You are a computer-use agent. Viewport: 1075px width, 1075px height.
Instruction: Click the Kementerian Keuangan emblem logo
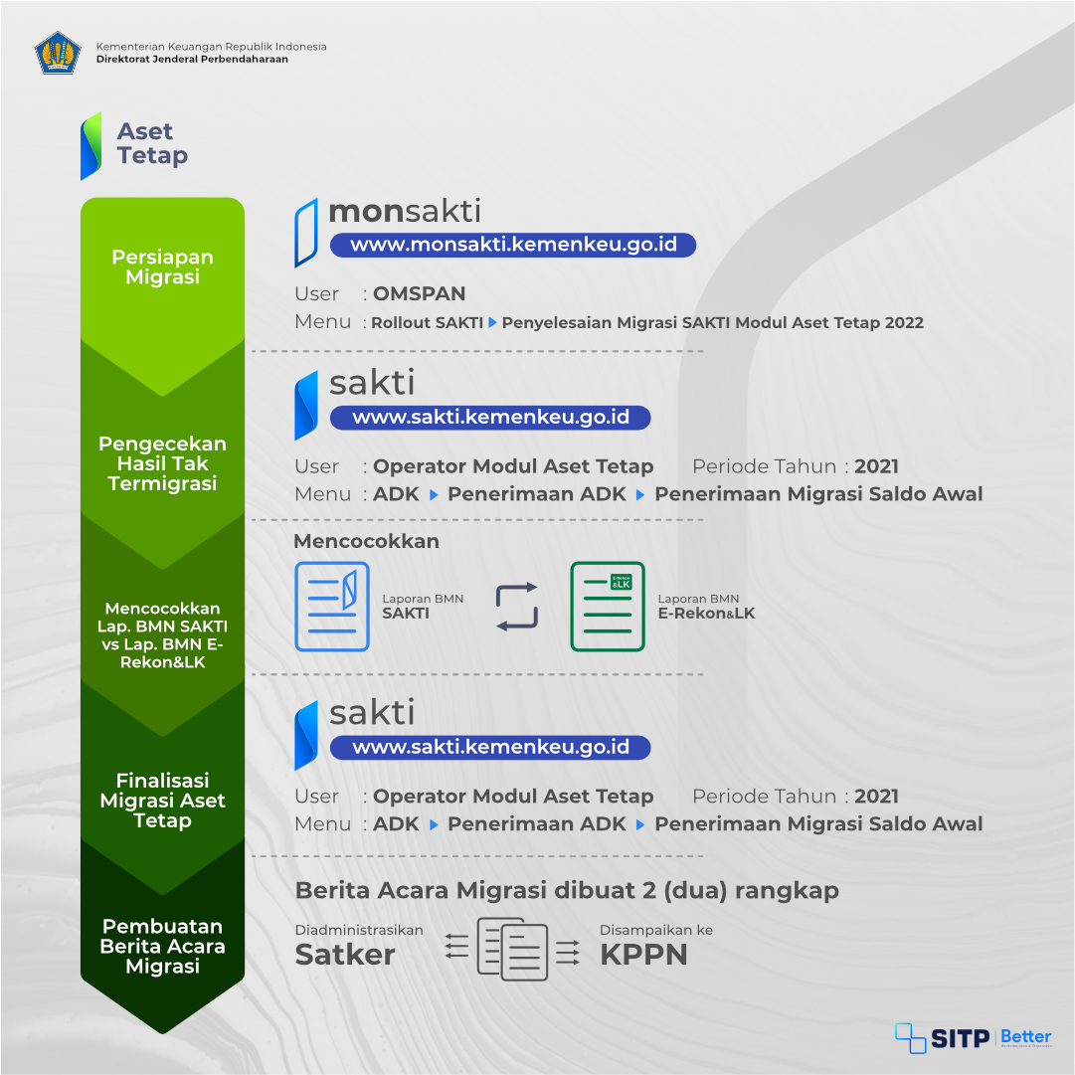click(59, 53)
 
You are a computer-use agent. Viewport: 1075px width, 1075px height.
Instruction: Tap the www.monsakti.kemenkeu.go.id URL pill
click(513, 245)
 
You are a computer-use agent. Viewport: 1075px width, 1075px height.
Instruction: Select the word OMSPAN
click(419, 293)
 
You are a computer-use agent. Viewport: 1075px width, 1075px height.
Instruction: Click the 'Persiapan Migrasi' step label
click(162, 267)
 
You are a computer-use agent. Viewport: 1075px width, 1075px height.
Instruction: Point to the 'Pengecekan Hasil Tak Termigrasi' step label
click(162, 463)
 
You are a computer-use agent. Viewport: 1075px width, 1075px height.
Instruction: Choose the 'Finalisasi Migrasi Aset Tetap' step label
click(162, 801)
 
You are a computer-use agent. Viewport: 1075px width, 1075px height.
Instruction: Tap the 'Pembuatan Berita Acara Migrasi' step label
click(162, 946)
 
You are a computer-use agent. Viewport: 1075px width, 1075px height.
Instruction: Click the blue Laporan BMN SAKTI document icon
click(332, 606)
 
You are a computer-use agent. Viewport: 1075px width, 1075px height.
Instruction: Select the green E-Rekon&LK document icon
click(608, 606)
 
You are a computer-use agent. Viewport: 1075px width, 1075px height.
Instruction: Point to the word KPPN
click(643, 955)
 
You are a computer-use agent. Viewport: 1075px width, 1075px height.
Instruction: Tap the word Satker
click(345, 955)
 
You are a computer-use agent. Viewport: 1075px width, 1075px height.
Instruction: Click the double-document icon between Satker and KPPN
click(512, 949)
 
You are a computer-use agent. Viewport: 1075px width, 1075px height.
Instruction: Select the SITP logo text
click(960, 1039)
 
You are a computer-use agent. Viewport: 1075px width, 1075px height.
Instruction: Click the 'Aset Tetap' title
click(152, 143)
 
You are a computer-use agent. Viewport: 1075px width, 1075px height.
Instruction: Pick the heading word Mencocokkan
click(366, 541)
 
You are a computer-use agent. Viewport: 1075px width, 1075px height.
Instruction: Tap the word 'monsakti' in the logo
click(405, 211)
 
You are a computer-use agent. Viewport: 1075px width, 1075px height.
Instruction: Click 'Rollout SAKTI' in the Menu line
click(428, 322)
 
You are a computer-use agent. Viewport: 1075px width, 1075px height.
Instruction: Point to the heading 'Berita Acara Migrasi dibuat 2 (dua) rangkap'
click(567, 891)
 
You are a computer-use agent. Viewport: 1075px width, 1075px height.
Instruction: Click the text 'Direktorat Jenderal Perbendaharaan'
click(192, 59)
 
